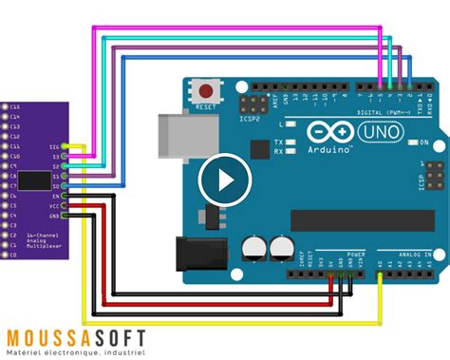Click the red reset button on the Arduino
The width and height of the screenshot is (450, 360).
205,92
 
